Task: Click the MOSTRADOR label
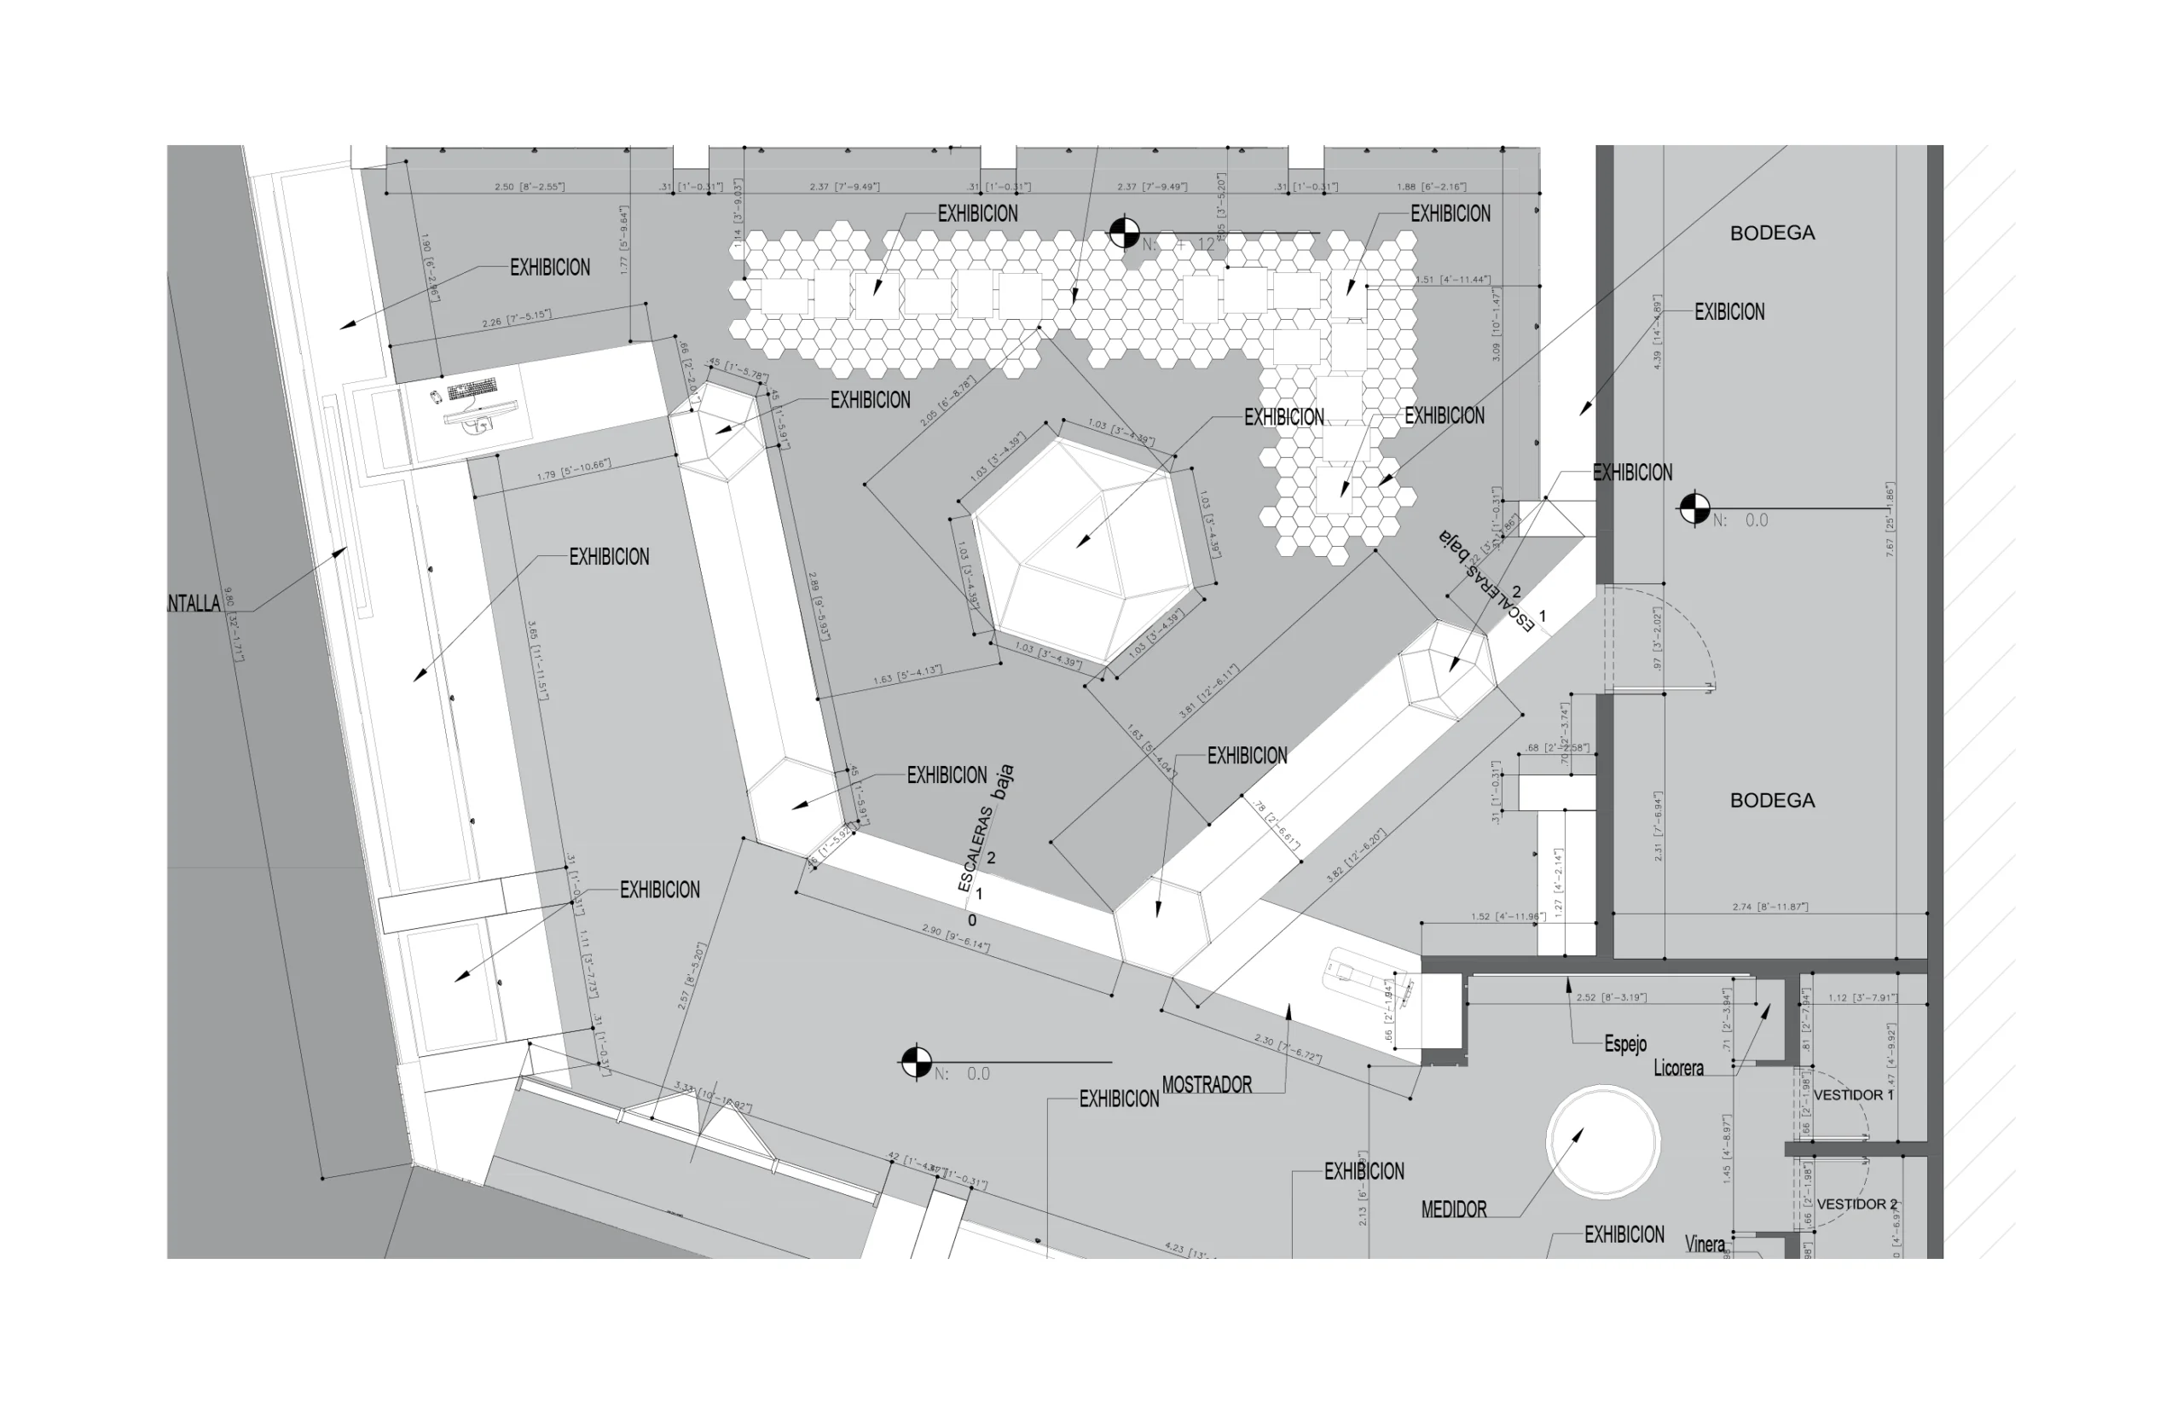coord(1206,1085)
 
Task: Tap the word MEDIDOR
coord(1453,1210)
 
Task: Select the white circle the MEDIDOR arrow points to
coord(1602,1140)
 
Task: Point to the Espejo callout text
coord(1624,1044)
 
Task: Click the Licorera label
coord(1677,1069)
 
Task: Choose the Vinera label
coord(1704,1244)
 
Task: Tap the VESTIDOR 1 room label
coord(1853,1095)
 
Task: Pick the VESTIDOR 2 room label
coord(1856,1204)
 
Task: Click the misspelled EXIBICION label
coord(1728,312)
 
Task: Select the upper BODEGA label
coord(1772,234)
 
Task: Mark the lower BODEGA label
coord(1772,800)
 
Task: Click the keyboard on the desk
coord(472,389)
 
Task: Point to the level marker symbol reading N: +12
coord(1123,234)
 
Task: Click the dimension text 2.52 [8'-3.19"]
coord(1611,997)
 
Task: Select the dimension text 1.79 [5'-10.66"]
coord(573,471)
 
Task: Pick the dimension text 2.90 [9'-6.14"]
coord(955,938)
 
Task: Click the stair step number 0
coord(971,921)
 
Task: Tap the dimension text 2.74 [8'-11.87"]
coord(1769,907)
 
